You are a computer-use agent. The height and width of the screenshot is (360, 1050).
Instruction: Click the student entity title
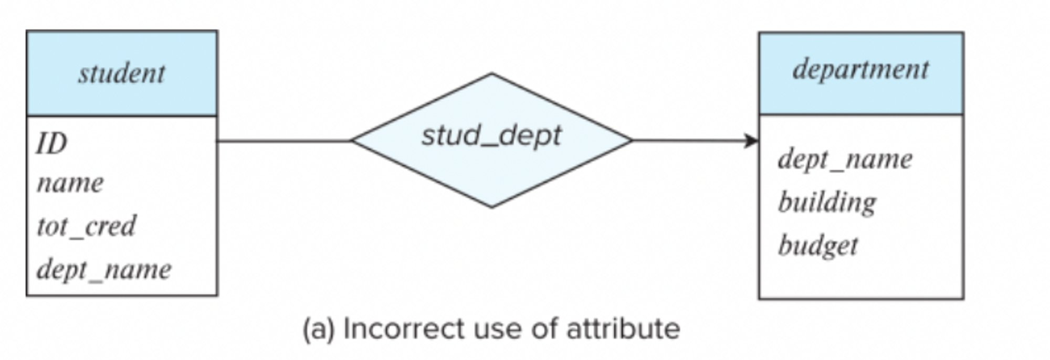122,73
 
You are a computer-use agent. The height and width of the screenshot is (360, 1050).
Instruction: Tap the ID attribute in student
52,143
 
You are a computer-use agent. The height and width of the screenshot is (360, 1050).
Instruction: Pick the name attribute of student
70,183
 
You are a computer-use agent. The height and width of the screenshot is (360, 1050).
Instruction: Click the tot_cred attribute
86,226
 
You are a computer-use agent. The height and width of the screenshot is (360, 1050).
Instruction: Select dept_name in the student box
104,269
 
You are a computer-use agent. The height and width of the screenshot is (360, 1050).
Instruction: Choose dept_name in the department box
845,159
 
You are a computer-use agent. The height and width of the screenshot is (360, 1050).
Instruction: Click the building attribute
827,202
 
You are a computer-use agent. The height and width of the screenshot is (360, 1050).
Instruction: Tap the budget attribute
818,245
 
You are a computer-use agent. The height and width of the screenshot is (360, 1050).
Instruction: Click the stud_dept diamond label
491,135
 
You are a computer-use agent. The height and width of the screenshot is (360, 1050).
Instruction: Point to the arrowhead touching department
752,141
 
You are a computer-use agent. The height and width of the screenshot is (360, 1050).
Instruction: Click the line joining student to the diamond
283,141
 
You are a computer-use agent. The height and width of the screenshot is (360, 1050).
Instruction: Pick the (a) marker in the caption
319,330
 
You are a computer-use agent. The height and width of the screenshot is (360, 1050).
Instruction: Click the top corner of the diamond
491,75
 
